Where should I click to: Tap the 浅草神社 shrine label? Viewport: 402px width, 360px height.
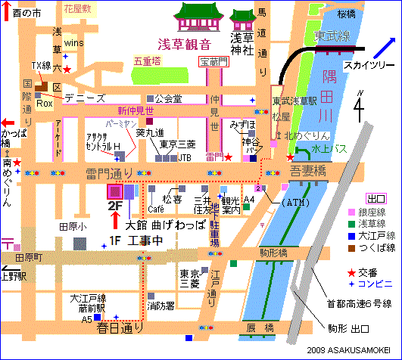(242, 43)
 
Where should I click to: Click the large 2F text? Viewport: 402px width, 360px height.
(116, 205)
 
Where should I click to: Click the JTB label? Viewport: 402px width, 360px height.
(184, 158)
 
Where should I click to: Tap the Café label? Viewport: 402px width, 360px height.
(157, 209)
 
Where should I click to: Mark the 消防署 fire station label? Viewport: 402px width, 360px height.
(161, 306)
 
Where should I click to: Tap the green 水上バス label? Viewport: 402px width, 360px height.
(331, 149)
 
